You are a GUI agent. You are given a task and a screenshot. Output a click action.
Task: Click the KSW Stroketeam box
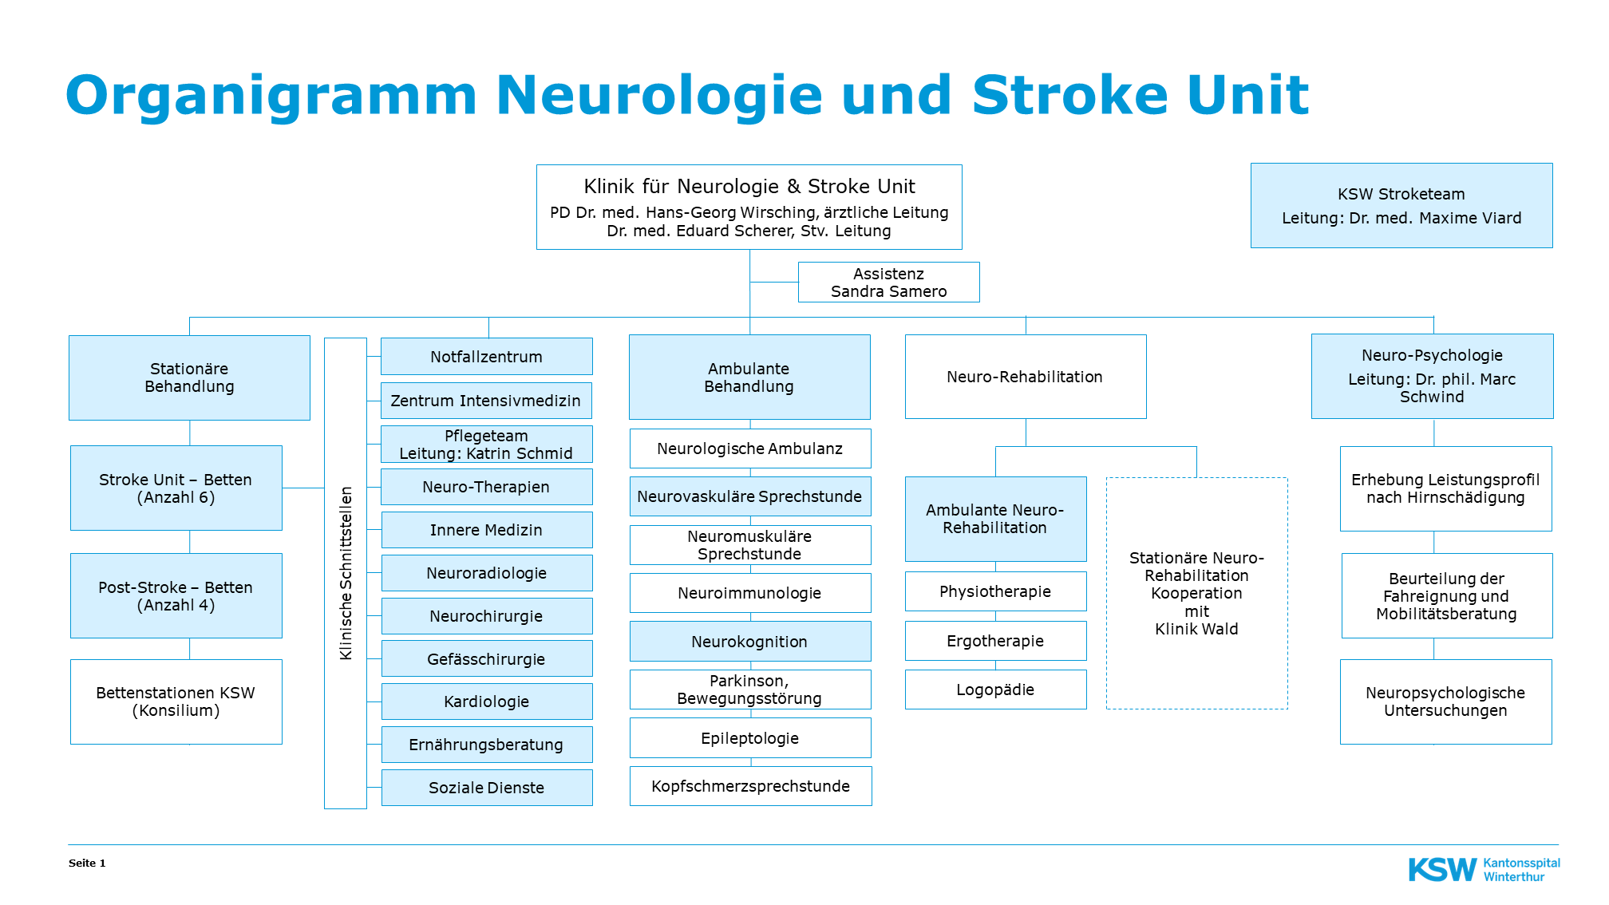tap(1401, 206)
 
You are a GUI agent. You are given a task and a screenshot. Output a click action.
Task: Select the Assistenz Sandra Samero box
tap(888, 283)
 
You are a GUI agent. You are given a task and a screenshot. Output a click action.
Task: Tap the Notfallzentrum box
tap(486, 357)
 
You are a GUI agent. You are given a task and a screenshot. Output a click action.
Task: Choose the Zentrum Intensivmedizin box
tap(486, 401)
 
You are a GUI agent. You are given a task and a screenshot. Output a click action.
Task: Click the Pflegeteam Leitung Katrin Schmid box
tap(486, 445)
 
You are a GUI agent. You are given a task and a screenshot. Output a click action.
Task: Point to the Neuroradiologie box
tap(486, 573)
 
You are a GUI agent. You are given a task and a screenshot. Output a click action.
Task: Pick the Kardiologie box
tap(486, 701)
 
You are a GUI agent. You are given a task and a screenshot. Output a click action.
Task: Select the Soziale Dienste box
tap(486, 788)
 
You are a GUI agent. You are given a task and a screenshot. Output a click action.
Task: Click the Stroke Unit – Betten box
tap(176, 488)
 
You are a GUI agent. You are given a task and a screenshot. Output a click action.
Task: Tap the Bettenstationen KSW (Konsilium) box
tap(176, 701)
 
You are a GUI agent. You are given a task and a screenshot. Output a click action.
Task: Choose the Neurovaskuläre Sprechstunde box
tap(749, 496)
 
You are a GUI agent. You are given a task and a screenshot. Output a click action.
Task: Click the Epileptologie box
tap(749, 738)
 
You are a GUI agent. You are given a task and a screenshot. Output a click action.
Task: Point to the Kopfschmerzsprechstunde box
tap(750, 786)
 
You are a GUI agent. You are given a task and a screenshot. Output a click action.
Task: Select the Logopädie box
tap(995, 690)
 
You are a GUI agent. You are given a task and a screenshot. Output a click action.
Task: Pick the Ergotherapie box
tap(995, 641)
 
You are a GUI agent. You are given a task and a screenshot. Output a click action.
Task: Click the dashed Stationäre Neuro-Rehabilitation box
tap(1196, 593)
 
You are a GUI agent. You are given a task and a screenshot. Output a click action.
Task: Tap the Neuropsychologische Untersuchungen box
tap(1445, 701)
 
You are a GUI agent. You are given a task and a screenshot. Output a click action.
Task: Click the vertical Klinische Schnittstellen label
tap(346, 573)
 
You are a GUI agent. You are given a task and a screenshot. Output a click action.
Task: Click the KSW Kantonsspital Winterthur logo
tap(1484, 869)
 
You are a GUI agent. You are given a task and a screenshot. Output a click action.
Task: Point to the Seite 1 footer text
tap(87, 863)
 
